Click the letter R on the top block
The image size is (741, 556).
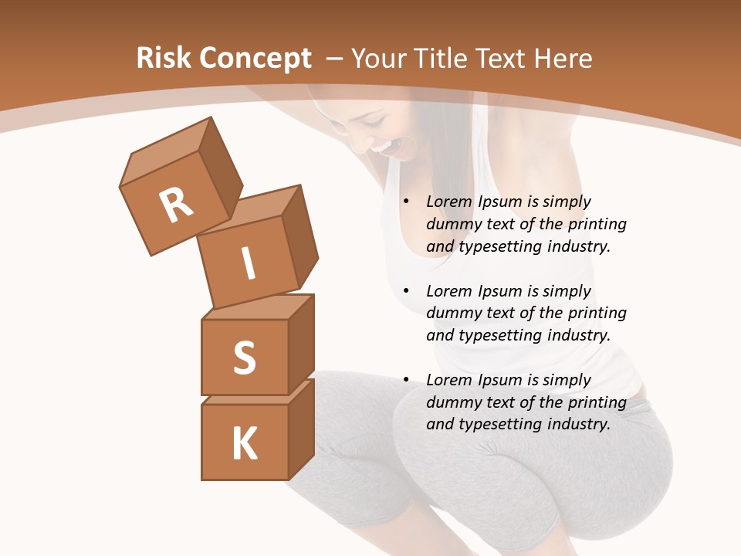coord(177,205)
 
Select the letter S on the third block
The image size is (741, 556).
coord(244,358)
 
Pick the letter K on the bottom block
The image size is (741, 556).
coord(244,444)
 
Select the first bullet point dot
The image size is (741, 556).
coord(406,202)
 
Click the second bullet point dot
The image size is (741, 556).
coord(406,292)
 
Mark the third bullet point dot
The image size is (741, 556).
coord(406,381)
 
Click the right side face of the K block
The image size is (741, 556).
coord(301,429)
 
